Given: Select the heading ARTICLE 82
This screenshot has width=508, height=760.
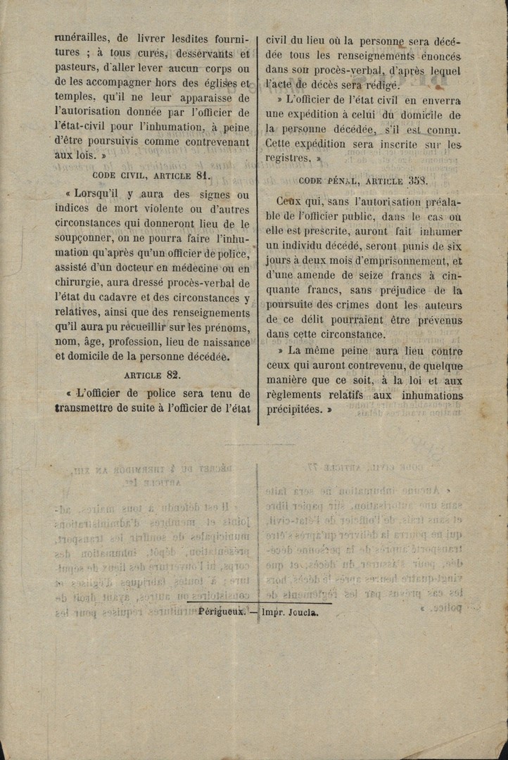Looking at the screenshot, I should click(x=152, y=375).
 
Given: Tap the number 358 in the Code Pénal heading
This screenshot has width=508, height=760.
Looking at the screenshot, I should click(x=437, y=180).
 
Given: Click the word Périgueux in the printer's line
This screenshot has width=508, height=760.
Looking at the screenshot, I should click(x=222, y=612).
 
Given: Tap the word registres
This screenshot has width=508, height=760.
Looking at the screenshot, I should click(x=288, y=159).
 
